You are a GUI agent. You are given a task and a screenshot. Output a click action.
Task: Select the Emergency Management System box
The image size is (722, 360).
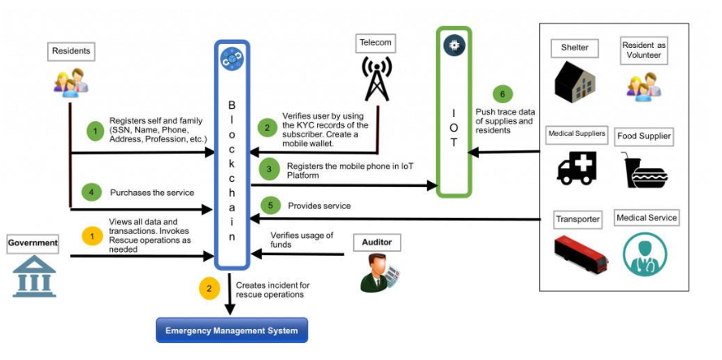pyautogui.click(x=232, y=331)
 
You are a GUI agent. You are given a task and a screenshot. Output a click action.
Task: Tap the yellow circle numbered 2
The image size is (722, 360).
pyautogui.click(x=209, y=287)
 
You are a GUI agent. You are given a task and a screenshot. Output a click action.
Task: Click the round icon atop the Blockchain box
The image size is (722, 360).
pyautogui.click(x=232, y=58)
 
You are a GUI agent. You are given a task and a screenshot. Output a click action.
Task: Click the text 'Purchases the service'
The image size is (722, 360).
pyautogui.click(x=152, y=193)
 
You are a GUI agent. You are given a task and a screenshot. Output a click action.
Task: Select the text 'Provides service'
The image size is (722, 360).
pyautogui.click(x=320, y=206)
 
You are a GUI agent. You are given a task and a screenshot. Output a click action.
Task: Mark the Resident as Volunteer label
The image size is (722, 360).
pyautogui.click(x=644, y=50)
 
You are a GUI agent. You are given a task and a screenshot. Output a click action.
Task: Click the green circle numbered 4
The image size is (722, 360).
pyautogui.click(x=95, y=193)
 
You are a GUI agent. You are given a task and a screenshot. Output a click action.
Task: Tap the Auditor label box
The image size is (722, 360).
pyautogui.click(x=377, y=242)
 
